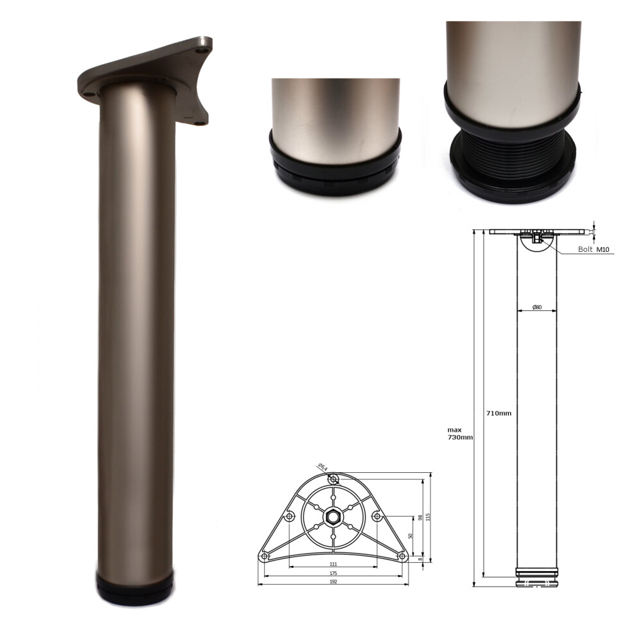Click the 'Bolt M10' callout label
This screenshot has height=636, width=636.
[592, 249]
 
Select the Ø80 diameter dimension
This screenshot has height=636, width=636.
[537, 307]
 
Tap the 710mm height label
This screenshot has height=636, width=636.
[499, 413]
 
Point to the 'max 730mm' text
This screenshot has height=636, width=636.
[460, 433]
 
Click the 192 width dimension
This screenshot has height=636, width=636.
[333, 581]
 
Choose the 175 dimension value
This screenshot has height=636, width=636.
[333, 572]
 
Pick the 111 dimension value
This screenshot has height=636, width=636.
[333, 563]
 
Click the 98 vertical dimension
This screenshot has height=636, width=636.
[420, 518]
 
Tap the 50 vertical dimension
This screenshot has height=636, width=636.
[410, 535]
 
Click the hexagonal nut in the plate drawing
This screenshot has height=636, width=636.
[333, 515]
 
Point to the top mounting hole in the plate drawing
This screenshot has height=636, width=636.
[333, 479]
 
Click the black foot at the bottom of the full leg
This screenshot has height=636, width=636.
[136, 589]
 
